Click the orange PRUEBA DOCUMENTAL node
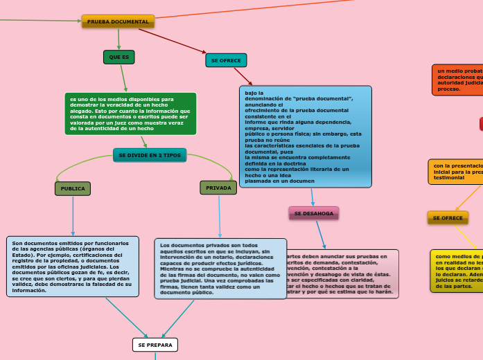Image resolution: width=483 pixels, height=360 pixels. pos(118,21)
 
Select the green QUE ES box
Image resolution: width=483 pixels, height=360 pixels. pos(119,57)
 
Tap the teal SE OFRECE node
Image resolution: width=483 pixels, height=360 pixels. pos(226,60)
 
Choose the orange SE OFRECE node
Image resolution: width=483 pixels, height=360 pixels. pos(448,217)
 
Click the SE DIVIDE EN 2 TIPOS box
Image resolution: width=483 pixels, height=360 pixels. pos(150,155)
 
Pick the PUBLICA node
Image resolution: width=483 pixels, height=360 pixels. pos(73,188)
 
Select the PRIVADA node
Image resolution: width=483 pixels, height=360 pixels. pos(218,188)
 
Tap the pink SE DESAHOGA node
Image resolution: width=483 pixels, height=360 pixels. pos(313,213)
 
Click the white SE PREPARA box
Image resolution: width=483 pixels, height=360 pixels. pos(155,344)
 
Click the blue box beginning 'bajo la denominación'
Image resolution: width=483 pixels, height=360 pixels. pos(305,136)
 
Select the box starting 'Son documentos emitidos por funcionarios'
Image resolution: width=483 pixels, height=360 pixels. pos(69,267)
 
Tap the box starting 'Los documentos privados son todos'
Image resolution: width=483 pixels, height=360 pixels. pos(220,269)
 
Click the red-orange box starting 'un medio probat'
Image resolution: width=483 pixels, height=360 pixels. pos(457,80)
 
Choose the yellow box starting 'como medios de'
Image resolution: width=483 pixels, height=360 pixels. pos(457,271)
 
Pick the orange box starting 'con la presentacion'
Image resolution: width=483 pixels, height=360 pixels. pos(455,172)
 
